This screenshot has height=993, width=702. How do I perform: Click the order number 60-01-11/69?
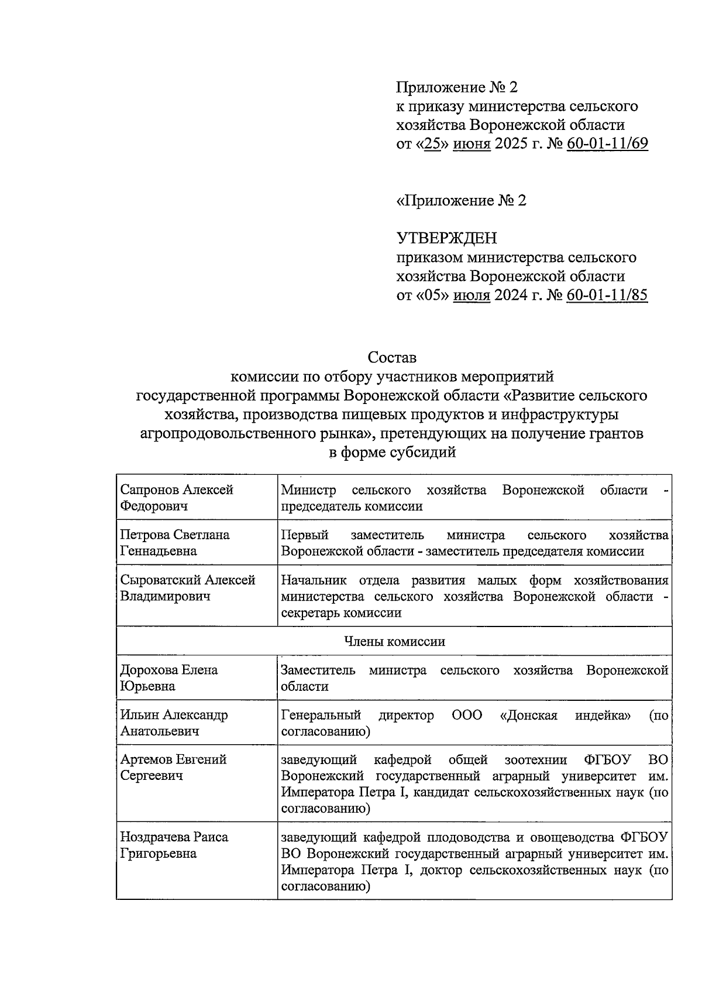click(607, 143)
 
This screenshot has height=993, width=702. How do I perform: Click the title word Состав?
click(392, 357)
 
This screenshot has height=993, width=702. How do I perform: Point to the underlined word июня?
click(472, 143)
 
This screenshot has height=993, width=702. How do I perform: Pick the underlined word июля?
click(472, 295)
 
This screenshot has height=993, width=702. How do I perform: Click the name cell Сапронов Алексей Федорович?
click(177, 498)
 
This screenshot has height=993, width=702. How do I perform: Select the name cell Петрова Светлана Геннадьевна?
click(175, 543)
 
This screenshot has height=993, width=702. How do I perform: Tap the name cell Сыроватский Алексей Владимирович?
click(188, 588)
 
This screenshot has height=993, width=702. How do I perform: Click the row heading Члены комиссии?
click(394, 641)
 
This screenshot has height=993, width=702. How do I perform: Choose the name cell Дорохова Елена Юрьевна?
click(169, 678)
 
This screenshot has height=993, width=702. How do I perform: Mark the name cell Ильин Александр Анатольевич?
click(174, 723)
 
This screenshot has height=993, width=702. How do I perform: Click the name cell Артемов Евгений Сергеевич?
click(173, 768)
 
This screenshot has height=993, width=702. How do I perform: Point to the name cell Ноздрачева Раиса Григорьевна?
click(174, 845)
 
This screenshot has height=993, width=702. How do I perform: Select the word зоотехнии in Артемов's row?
click(535, 760)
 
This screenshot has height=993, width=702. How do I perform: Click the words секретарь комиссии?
click(341, 613)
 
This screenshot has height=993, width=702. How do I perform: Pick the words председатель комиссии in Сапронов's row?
click(352, 506)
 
